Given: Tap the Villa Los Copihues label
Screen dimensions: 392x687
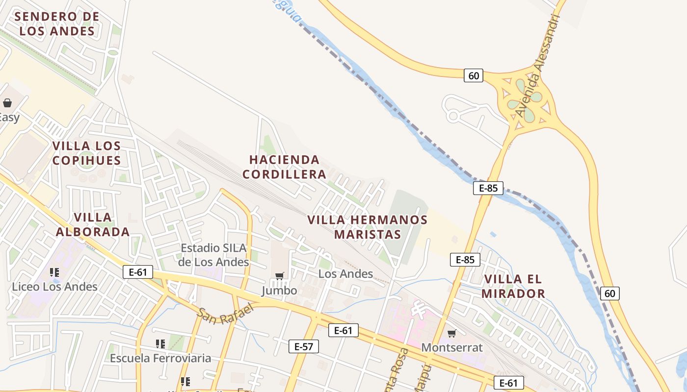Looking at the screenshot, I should click(x=86, y=153).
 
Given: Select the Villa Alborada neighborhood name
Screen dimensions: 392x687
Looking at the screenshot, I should click(x=93, y=224).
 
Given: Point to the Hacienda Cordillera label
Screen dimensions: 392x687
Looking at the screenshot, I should click(x=284, y=167).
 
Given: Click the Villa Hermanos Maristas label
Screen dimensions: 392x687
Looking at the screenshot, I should click(x=368, y=227).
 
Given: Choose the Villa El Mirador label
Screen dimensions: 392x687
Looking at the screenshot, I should click(x=513, y=286).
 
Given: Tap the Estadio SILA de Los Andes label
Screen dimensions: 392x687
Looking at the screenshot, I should click(x=213, y=255).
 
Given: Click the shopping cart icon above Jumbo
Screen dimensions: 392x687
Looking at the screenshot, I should click(x=280, y=276).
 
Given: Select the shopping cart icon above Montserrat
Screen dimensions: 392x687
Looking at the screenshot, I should click(x=452, y=334).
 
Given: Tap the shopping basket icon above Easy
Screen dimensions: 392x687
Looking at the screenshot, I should click(x=7, y=103).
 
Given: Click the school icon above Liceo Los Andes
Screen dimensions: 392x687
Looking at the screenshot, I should click(x=54, y=272).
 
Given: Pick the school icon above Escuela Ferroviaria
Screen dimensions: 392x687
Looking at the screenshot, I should click(x=160, y=344).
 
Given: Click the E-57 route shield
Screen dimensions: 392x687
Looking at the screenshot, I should click(x=303, y=346).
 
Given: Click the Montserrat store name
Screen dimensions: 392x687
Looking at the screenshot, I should click(x=452, y=348).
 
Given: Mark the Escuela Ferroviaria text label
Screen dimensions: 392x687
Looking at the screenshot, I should click(x=160, y=358).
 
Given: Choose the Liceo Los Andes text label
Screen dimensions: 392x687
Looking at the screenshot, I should click(x=54, y=287).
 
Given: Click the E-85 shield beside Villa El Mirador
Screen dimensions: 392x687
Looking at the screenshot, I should click(x=465, y=260).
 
